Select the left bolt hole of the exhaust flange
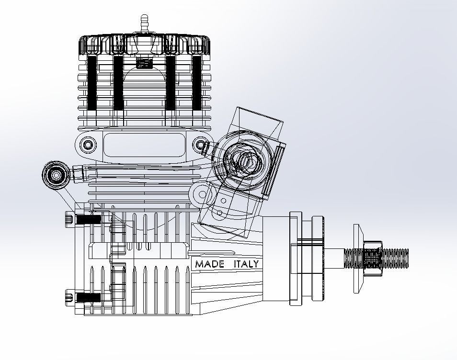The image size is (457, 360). coord(88,144)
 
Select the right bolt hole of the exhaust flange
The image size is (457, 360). coord(200,144)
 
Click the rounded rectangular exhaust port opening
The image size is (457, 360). coord(144,146)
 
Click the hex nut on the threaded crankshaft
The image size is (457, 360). coord(373,258)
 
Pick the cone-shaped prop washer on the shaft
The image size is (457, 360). coord(357,258)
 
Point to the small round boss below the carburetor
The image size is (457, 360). coord(203,194)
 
